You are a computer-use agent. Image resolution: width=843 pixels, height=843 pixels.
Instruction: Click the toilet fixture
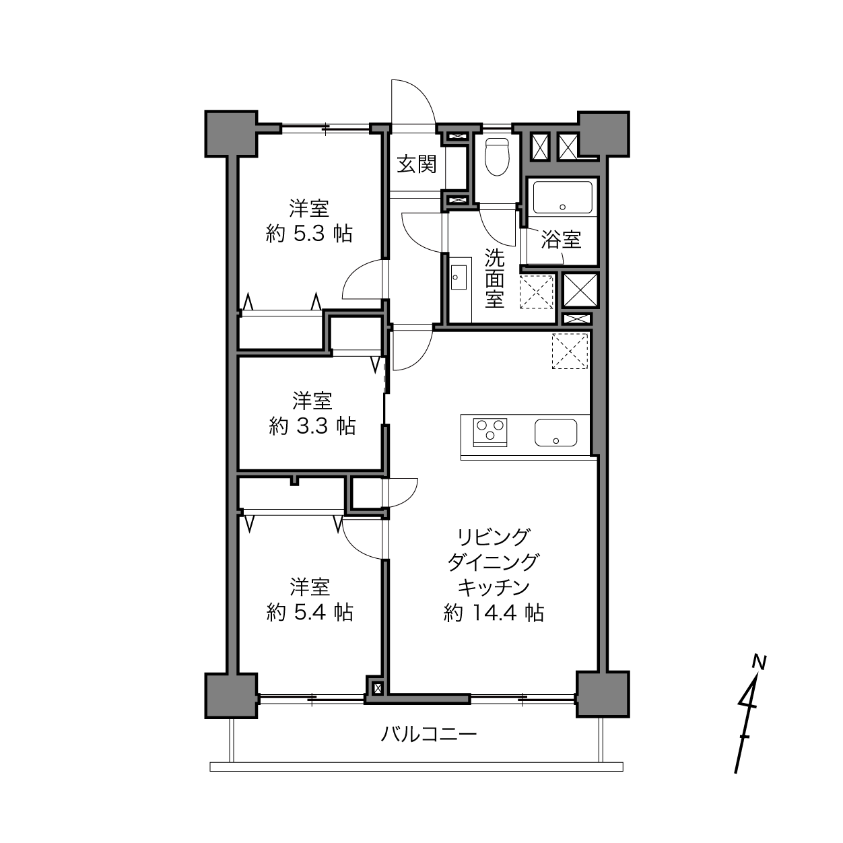[x=498, y=157]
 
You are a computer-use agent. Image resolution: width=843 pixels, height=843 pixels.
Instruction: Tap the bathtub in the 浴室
[x=562, y=197]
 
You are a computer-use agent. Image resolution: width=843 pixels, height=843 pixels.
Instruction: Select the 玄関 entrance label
[x=417, y=164]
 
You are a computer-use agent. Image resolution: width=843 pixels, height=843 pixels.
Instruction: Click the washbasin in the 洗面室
[x=459, y=277]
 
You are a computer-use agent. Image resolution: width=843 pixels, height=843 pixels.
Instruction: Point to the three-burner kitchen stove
[x=490, y=432]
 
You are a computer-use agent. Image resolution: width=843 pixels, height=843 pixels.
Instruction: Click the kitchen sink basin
[x=555, y=432]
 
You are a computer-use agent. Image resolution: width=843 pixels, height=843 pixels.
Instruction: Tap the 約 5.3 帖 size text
[x=309, y=234]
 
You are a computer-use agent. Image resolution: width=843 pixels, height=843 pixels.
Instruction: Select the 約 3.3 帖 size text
[x=312, y=426]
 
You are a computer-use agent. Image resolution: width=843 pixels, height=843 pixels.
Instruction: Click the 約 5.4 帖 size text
[x=309, y=613]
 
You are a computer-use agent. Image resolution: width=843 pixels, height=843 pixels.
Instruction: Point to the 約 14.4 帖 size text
[x=494, y=613]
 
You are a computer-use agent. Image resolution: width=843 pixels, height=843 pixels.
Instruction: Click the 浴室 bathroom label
[x=562, y=239]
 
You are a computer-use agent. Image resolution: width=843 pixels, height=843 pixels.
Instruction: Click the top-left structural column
[x=231, y=134]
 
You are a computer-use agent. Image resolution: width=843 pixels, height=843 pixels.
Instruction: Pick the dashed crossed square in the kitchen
[x=570, y=351]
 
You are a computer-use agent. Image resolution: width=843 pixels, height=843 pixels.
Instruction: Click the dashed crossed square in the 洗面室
[x=537, y=292]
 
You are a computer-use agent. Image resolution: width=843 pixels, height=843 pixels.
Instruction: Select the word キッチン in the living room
[x=494, y=588]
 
